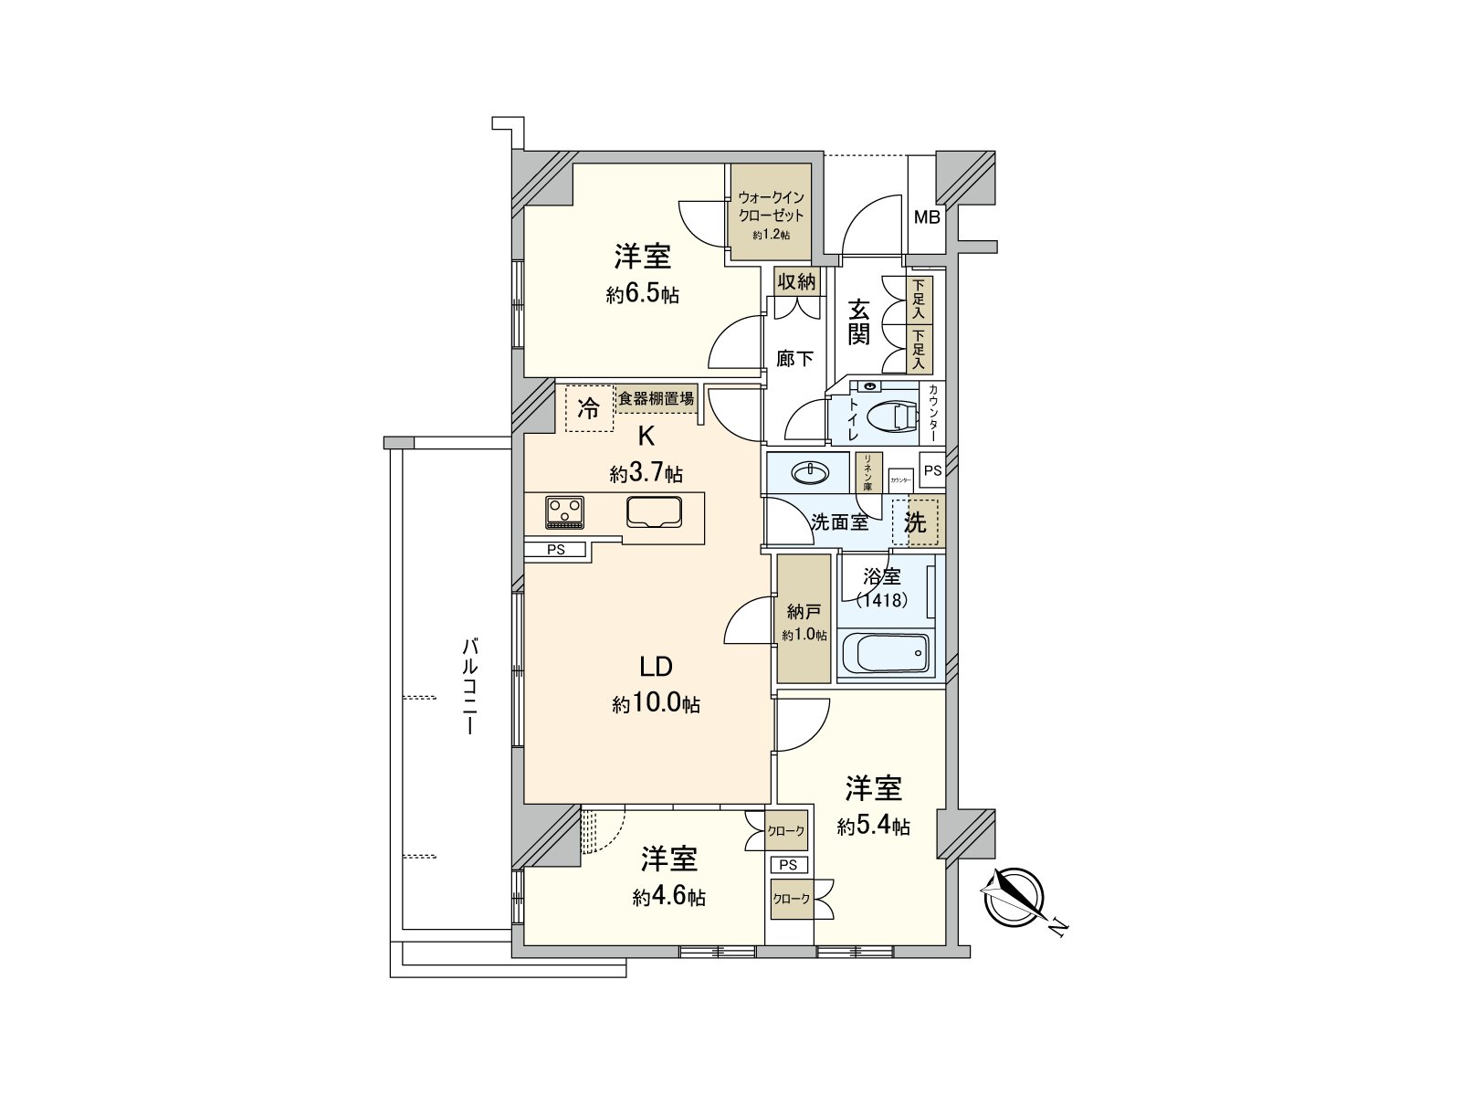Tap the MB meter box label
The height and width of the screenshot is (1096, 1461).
tap(927, 217)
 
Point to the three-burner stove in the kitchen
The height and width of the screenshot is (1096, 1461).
tap(564, 511)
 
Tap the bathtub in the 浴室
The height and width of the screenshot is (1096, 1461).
tap(883, 653)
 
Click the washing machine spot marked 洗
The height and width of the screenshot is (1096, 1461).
tap(915, 522)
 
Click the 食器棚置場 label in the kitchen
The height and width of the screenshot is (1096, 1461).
tap(656, 398)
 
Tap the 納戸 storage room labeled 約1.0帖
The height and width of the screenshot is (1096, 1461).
tap(804, 621)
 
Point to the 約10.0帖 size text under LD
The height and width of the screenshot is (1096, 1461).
tap(656, 704)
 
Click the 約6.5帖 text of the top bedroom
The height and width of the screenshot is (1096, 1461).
tap(642, 295)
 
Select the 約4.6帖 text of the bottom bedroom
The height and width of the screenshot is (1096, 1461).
tap(668, 897)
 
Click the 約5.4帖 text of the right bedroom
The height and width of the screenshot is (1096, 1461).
tap(873, 826)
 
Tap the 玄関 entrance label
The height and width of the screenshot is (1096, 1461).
tap(859, 321)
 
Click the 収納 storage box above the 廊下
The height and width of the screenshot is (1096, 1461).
tap(795, 281)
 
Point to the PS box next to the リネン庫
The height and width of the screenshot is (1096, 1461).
tap(932, 471)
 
